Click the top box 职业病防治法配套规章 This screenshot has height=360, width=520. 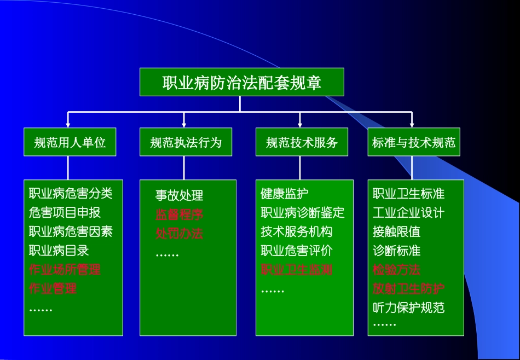point(241,82)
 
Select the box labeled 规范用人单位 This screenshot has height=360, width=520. point(70,142)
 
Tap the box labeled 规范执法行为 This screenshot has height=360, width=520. point(186,142)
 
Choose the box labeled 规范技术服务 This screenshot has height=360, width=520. point(302,142)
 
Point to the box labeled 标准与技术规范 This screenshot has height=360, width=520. point(413,142)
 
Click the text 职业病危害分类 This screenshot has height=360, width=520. point(71,193)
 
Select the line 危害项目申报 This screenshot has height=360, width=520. point(65,212)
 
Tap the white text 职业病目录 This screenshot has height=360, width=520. point(59,251)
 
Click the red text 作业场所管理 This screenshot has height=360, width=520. point(65,270)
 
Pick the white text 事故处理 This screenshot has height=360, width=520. point(179,195)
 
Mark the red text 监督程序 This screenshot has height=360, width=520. point(179,214)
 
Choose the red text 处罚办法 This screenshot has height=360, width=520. point(179,234)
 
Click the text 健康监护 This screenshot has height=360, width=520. point(284,193)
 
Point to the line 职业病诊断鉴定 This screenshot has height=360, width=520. point(302,212)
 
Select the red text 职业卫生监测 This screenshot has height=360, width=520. point(296,270)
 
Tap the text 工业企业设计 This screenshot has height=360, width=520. point(408,212)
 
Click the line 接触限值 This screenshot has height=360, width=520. point(396,231)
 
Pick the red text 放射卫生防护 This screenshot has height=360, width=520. point(408,289)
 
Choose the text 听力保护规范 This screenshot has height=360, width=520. point(408,307)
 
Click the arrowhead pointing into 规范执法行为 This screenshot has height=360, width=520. point(184,124)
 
